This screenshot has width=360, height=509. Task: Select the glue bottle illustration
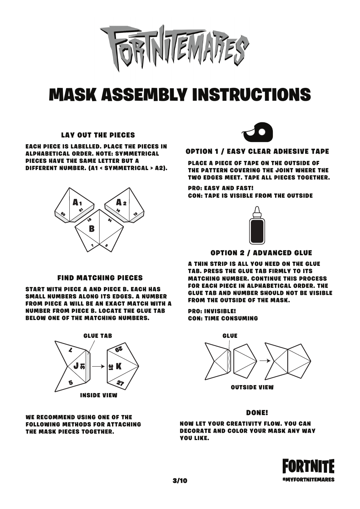point(257,226)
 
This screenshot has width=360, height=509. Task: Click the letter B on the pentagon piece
point(92,229)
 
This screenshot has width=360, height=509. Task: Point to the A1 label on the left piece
point(77,203)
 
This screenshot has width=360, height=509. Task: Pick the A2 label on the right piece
point(121,203)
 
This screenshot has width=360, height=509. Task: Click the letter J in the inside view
point(76,366)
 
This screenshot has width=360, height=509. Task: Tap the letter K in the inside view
point(119,366)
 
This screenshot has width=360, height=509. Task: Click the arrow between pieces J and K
point(98,366)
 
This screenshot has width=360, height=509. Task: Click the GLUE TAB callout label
point(97,336)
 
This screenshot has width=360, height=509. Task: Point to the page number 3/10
point(180,481)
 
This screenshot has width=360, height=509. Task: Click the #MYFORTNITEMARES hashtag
point(308,479)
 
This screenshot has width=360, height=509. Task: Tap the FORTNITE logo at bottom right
point(308,467)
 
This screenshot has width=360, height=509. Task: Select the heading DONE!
point(257,413)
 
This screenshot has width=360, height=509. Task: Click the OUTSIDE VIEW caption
point(252,387)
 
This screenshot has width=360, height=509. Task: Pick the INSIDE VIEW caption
point(99,395)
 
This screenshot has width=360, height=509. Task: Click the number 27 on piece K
point(120,383)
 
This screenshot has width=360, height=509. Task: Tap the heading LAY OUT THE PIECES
point(98,135)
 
